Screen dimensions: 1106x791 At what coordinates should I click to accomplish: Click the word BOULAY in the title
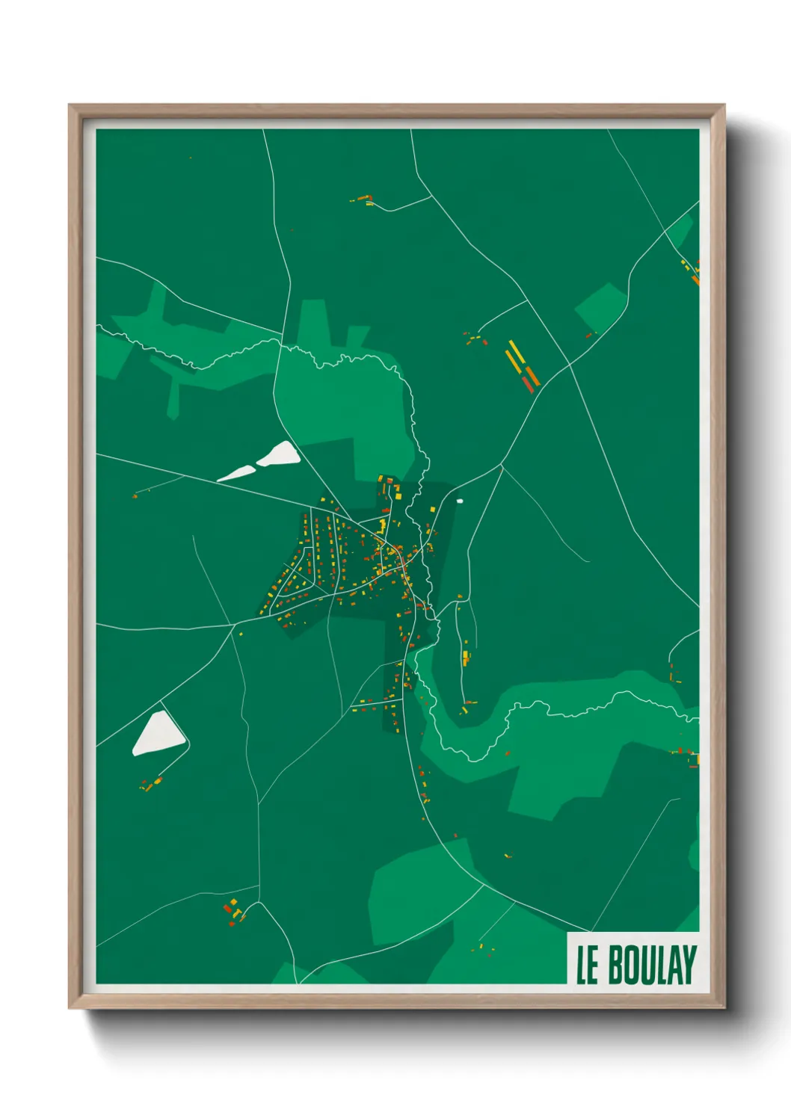[652, 965]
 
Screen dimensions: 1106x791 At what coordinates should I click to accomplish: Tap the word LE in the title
[587, 966]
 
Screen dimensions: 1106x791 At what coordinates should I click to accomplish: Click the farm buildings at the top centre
[364, 200]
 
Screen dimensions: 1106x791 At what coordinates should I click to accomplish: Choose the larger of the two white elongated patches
[278, 454]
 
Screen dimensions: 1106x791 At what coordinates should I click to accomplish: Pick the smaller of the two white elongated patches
[236, 473]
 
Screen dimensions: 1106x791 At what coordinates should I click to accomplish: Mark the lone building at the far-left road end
[135, 495]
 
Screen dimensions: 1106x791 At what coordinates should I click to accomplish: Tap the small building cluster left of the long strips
[474, 339]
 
